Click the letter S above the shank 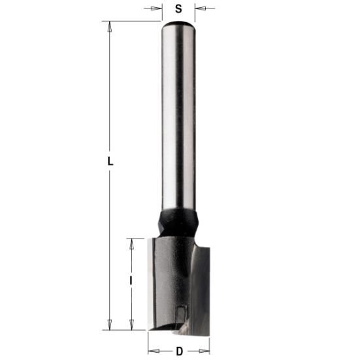178,9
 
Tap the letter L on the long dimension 110,161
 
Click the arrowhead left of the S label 157,9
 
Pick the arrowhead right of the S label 199,9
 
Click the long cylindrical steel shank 178,118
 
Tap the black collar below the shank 177,222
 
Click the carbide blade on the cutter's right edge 203,281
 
